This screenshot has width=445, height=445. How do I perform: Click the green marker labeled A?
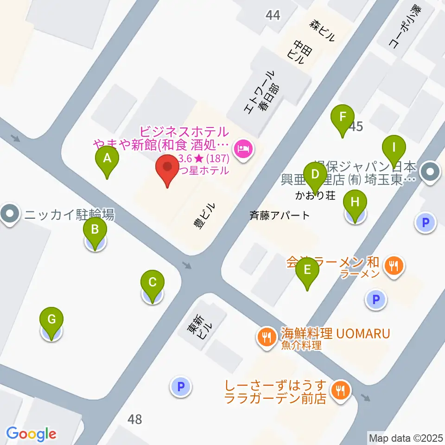coord(107,160)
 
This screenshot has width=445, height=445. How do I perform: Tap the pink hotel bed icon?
coord(243,149)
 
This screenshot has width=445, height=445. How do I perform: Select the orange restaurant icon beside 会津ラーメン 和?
coord(394,266)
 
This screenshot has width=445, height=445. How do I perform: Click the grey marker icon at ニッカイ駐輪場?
coord(9,215)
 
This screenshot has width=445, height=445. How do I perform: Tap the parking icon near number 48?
coord(181,387)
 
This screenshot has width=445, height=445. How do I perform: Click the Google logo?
coord(31,434)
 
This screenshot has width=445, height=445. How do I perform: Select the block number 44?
coord(273,15)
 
